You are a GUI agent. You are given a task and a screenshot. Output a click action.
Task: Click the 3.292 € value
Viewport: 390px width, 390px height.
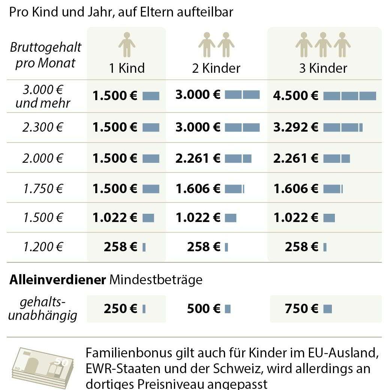pyautogui.click(x=296, y=127)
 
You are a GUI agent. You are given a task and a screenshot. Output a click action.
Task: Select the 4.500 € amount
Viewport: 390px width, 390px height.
pyautogui.click(x=296, y=95)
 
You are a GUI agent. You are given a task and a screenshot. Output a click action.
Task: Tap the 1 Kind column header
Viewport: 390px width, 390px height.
pyautogui.click(x=127, y=68)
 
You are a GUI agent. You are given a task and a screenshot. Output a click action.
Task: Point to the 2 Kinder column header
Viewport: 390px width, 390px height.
pyautogui.click(x=216, y=68)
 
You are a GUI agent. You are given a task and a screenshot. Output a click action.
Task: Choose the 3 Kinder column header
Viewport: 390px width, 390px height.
pyautogui.click(x=323, y=68)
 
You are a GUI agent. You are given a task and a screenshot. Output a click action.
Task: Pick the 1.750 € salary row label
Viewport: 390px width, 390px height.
pyautogui.click(x=42, y=188)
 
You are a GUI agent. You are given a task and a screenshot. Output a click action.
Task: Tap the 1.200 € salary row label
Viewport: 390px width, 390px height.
pyautogui.click(x=42, y=247)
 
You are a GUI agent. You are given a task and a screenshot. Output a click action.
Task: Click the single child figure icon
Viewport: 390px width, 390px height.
pyautogui.click(x=127, y=44)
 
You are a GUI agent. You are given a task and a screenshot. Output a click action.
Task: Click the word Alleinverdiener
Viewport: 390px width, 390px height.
pyautogui.click(x=57, y=280)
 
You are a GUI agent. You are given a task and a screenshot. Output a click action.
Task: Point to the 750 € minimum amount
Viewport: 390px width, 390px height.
pyautogui.click(x=301, y=309)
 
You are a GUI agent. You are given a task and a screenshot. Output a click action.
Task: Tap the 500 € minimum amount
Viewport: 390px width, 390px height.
pyautogui.click(x=203, y=309)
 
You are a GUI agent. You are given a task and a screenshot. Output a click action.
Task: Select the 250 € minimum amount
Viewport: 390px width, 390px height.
pyautogui.click(x=120, y=309)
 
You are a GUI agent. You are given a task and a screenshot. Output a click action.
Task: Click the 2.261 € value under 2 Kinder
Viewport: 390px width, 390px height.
pyautogui.click(x=198, y=158)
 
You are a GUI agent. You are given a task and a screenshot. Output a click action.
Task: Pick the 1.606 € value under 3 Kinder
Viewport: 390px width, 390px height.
pyautogui.click(x=296, y=188)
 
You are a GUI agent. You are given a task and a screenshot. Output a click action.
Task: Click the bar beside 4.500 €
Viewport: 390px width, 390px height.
pyautogui.click(x=349, y=96)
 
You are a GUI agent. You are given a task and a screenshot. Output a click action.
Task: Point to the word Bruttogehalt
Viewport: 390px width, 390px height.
pyautogui.click(x=45, y=48)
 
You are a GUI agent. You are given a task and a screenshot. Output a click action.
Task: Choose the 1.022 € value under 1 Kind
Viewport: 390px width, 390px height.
pyautogui.click(x=115, y=217)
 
